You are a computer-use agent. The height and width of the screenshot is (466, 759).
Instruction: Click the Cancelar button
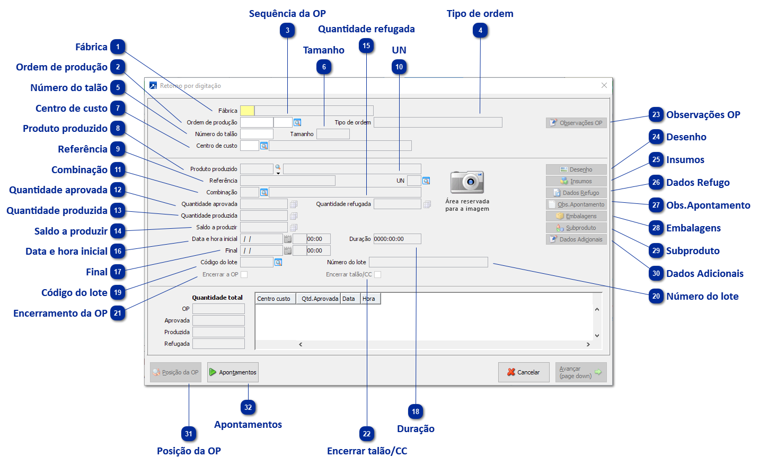tap(523, 372)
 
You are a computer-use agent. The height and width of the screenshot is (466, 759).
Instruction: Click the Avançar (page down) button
tap(580, 372)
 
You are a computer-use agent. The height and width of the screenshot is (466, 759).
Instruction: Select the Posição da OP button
tap(175, 372)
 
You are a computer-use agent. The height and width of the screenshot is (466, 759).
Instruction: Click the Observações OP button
tap(576, 123)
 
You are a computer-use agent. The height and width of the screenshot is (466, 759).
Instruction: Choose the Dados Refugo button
tap(576, 193)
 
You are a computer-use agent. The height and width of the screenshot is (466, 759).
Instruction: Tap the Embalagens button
tap(576, 216)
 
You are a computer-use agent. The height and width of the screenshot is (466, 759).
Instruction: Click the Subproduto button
tap(576, 228)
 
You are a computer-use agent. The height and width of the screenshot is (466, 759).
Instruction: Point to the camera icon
tap(467, 182)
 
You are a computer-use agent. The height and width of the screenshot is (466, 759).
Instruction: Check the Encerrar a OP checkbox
tap(244, 274)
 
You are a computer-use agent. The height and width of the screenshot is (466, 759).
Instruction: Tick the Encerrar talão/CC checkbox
tap(377, 274)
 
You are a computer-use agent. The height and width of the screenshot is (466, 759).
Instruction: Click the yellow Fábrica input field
tap(247, 111)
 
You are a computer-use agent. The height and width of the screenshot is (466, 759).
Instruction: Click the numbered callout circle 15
tap(366, 46)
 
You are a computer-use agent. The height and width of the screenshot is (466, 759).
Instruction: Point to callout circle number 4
tap(480, 31)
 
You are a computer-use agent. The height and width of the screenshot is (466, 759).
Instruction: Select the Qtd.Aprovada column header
tap(319, 299)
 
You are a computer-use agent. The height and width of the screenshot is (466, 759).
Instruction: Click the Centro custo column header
tap(275, 299)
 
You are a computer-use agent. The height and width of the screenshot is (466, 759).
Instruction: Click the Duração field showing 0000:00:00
tap(397, 239)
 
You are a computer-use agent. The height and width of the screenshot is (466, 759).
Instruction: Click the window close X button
tap(604, 85)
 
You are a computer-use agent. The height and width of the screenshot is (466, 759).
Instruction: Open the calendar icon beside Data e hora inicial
tap(288, 239)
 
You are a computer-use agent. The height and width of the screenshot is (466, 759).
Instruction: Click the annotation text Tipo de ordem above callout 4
tap(480, 14)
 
